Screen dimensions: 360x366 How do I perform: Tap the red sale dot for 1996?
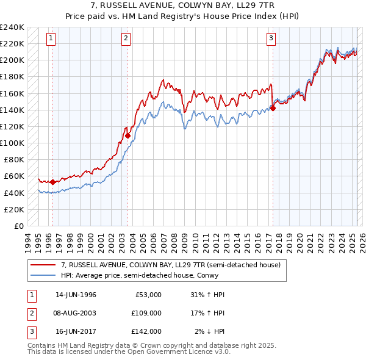(x=52, y=182)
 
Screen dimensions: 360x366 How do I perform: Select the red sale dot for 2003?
(x=128, y=135)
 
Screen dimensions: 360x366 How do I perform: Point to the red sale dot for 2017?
(x=273, y=109)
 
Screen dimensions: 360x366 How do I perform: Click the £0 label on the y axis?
(x=18, y=226)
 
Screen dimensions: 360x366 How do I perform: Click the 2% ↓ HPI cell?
(x=210, y=331)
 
